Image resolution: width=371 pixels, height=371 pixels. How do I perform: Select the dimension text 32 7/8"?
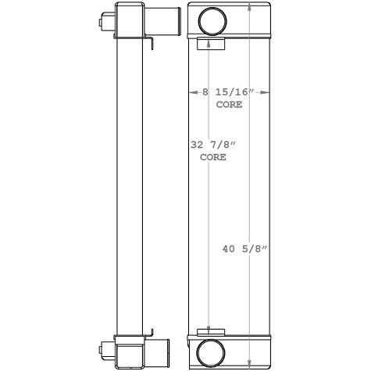pyautogui.click(x=212, y=144)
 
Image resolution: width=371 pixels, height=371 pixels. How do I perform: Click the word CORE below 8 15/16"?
pyautogui.click(x=229, y=104)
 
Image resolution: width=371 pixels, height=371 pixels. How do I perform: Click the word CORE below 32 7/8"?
pyautogui.click(x=212, y=156)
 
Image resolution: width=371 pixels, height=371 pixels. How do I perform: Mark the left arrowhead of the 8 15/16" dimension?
pyautogui.click(x=191, y=92)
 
